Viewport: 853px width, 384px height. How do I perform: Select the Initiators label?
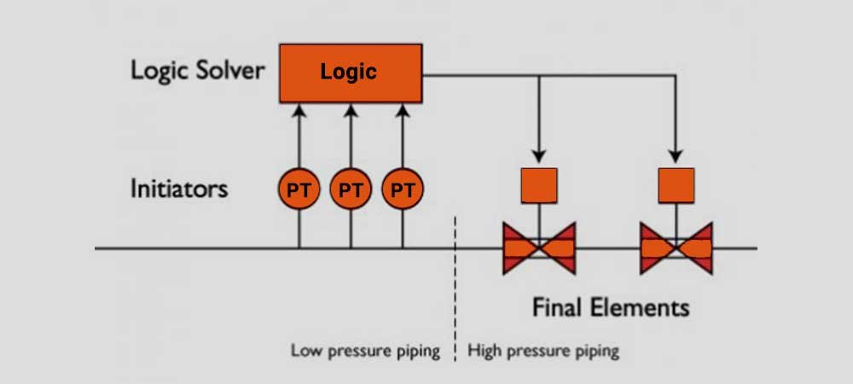click(178, 188)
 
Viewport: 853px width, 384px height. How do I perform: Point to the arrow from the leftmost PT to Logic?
click(299, 137)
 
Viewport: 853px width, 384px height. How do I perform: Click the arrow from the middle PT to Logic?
click(351, 137)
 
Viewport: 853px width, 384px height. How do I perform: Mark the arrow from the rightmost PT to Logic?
click(403, 137)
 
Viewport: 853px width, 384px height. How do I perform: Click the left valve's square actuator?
click(539, 185)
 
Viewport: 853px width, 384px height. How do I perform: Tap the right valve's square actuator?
click(676, 185)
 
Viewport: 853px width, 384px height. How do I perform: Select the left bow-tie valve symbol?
click(539, 248)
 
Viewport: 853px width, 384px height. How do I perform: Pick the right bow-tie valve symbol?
click(676, 248)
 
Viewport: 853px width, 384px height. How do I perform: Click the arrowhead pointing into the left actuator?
click(539, 155)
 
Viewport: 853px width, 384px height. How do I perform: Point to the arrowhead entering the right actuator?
click(676, 155)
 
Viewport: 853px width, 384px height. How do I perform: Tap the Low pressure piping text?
click(365, 350)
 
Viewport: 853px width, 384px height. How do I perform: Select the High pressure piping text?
click(543, 350)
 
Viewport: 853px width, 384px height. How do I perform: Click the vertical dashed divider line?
click(456, 282)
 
